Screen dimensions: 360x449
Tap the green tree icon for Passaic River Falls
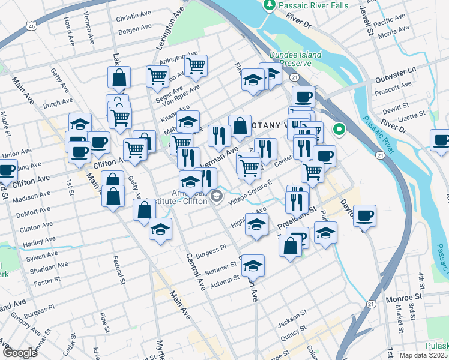point(270,5)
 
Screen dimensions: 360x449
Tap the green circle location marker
point(339,128)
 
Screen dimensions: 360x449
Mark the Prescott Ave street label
point(392,86)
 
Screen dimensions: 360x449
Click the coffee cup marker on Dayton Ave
point(364,215)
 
